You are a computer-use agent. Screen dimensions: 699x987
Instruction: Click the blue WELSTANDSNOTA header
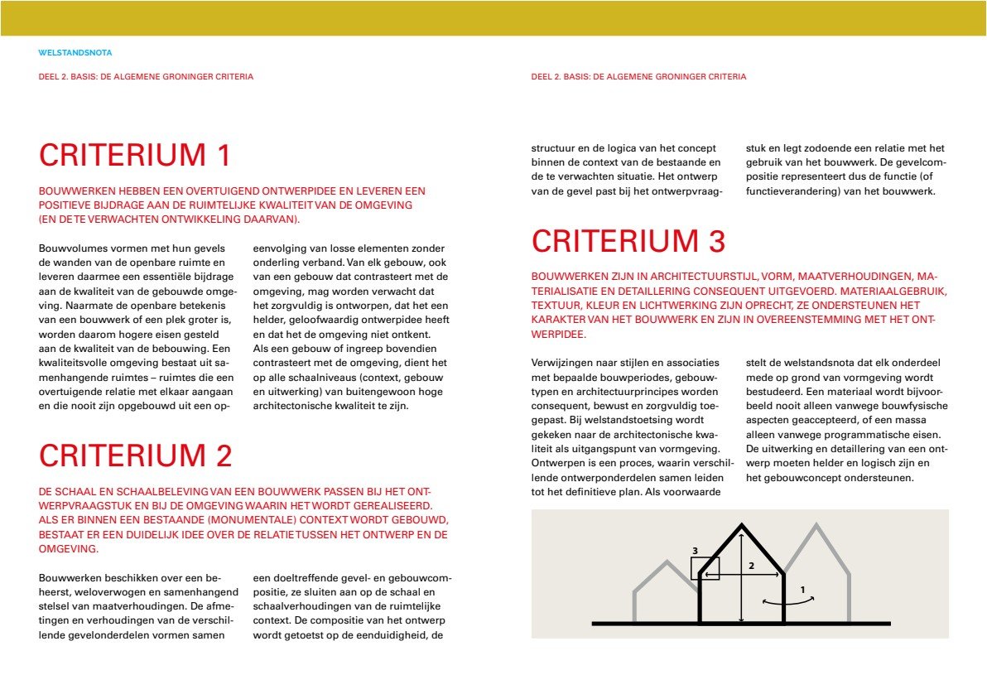(x=75, y=53)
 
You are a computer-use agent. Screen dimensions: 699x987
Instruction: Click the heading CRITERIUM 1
(x=134, y=156)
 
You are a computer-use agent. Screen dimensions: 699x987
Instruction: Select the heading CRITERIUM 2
(x=136, y=456)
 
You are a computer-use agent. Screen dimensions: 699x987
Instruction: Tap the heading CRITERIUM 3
(x=628, y=241)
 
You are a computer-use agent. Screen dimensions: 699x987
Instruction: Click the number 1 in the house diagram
(x=802, y=590)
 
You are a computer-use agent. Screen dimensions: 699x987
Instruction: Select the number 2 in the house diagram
(x=751, y=566)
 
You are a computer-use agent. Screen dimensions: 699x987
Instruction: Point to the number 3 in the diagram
(x=696, y=550)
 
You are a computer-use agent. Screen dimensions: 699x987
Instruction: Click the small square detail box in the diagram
(x=705, y=568)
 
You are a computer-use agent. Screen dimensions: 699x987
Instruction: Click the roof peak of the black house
(x=741, y=525)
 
